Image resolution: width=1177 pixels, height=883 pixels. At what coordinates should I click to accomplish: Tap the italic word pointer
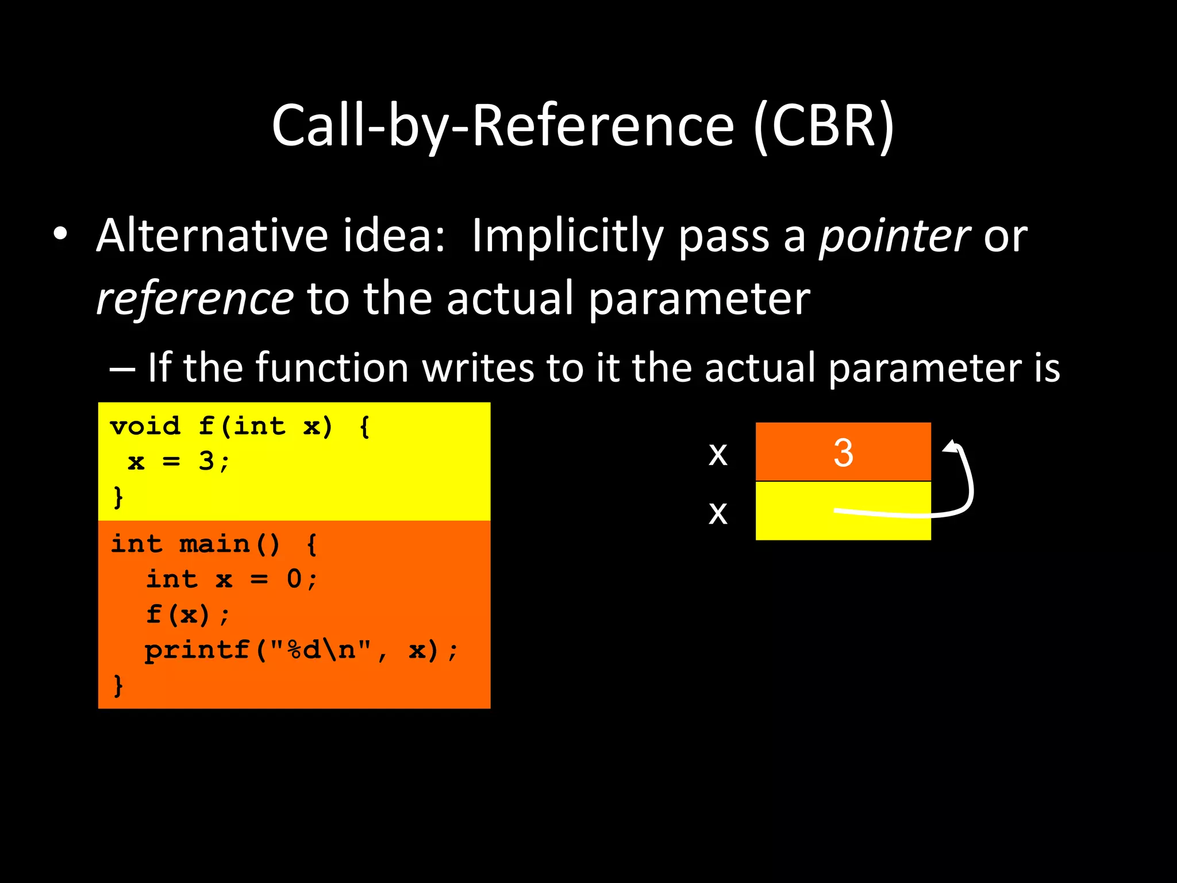click(x=894, y=236)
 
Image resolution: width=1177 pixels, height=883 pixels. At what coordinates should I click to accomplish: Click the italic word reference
click(x=195, y=299)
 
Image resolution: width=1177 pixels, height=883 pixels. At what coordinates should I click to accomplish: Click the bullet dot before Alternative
click(x=60, y=234)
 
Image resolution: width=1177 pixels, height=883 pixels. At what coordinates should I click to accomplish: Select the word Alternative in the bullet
click(x=213, y=236)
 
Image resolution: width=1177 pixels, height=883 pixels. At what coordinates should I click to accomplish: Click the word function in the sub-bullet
click(x=332, y=368)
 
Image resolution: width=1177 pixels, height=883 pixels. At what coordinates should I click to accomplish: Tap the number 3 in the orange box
click(x=843, y=452)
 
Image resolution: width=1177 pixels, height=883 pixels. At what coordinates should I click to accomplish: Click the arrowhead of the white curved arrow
click(x=952, y=447)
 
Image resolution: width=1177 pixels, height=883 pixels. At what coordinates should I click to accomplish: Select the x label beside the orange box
click(x=718, y=454)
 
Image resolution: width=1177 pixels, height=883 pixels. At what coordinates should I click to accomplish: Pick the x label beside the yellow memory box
click(x=718, y=513)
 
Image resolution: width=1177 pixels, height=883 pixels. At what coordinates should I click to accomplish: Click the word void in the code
click(x=145, y=427)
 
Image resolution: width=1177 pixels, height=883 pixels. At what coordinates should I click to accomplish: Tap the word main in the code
click(x=214, y=544)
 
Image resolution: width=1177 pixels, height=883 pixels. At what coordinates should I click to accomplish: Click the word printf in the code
click(x=197, y=650)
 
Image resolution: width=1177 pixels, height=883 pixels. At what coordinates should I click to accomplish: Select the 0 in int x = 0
click(x=294, y=579)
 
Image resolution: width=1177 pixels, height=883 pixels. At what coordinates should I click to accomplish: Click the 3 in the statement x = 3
click(x=206, y=462)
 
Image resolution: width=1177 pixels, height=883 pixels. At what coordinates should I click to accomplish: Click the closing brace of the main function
click(x=118, y=685)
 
